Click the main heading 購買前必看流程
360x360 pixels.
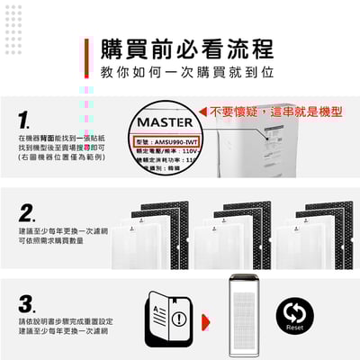(187, 48)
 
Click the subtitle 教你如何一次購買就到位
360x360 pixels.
(187, 72)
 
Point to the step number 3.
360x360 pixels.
(27, 303)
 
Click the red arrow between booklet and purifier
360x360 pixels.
(206, 319)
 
